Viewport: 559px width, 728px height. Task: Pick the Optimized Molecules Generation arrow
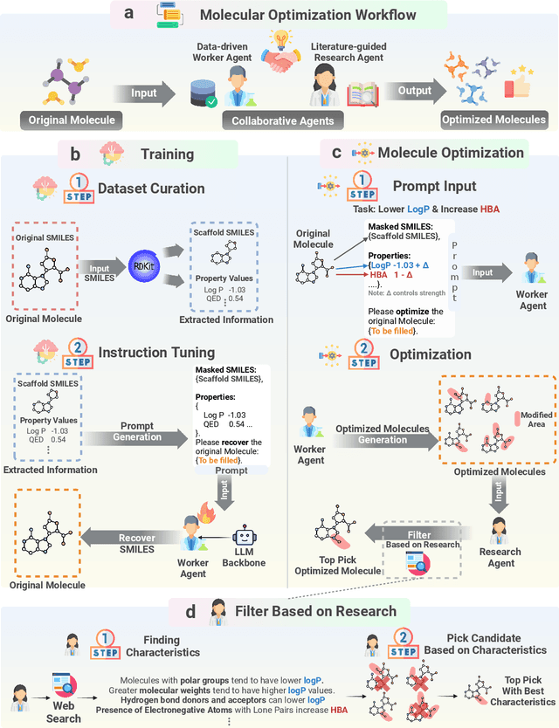[383, 434]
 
